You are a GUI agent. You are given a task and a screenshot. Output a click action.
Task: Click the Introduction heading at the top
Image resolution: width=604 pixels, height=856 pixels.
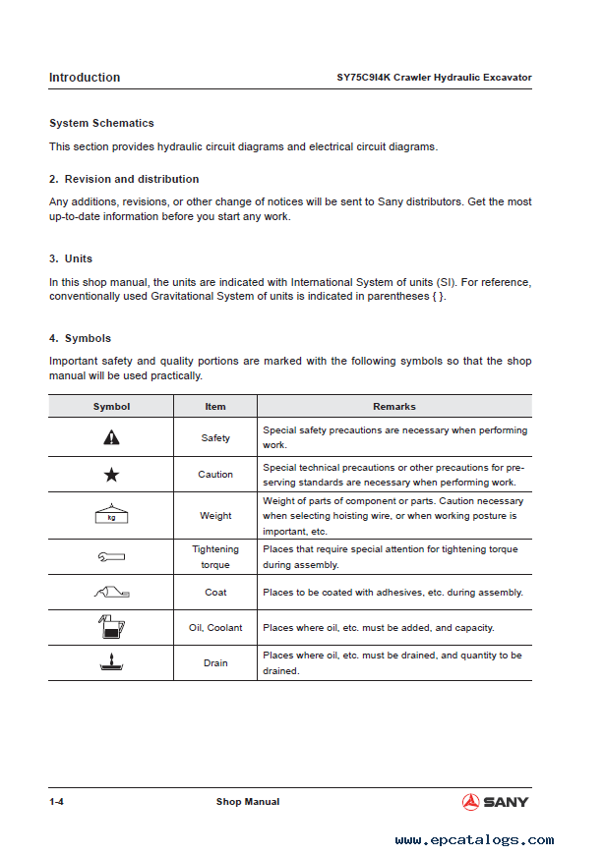click(x=85, y=78)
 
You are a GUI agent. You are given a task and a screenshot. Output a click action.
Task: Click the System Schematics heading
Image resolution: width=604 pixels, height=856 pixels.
click(x=101, y=124)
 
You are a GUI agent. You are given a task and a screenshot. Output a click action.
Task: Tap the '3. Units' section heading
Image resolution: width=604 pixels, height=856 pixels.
click(x=71, y=258)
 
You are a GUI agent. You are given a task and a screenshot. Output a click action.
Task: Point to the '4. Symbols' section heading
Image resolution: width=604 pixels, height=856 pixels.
click(x=80, y=338)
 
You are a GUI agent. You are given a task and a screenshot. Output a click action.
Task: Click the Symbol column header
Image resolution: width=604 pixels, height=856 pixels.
click(x=111, y=406)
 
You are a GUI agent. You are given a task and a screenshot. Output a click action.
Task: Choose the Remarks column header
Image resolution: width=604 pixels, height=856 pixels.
click(x=393, y=406)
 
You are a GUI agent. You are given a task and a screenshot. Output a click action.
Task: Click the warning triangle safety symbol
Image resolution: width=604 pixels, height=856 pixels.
click(x=111, y=437)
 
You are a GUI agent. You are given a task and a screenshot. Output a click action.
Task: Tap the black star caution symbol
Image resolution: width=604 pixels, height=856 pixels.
click(x=111, y=475)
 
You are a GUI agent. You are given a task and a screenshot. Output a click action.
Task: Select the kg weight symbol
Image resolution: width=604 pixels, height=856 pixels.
click(x=111, y=514)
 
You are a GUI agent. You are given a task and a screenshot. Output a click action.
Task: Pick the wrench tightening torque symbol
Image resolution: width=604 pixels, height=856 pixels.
click(x=111, y=557)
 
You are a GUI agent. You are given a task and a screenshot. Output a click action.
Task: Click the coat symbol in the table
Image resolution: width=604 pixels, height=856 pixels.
click(x=111, y=592)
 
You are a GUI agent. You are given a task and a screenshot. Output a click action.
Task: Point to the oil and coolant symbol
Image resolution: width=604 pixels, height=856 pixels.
click(x=111, y=627)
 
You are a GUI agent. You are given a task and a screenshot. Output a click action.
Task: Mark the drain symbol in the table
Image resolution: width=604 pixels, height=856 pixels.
click(x=111, y=663)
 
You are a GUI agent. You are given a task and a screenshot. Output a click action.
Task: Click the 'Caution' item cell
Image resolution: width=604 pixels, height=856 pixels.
click(x=215, y=475)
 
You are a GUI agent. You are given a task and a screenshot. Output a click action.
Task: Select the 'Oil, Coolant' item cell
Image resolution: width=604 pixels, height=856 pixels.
click(x=215, y=628)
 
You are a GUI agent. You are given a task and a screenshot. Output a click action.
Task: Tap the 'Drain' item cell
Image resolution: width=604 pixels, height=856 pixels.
click(x=215, y=663)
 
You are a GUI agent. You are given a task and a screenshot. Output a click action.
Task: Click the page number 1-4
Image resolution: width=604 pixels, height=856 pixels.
click(x=57, y=802)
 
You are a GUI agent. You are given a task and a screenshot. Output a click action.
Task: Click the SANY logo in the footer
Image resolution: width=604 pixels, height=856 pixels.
click(x=495, y=802)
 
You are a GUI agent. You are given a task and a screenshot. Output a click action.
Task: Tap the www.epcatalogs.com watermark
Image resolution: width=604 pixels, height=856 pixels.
click(x=474, y=840)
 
